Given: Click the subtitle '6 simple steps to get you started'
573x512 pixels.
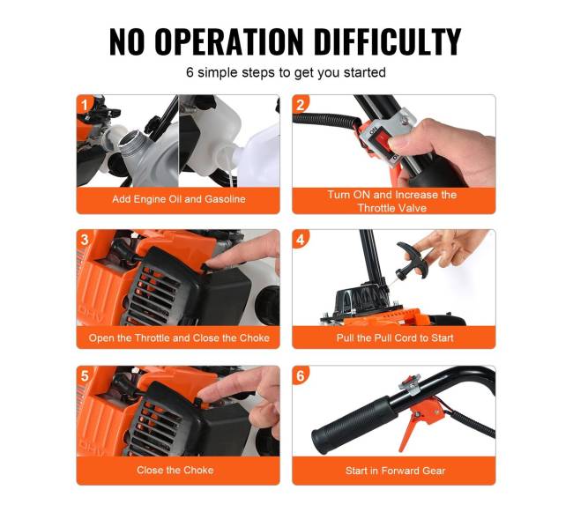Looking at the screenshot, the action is coord(286,72).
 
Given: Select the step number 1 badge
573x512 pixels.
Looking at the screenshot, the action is coord(84,105).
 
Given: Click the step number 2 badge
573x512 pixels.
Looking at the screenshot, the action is coord(300,105).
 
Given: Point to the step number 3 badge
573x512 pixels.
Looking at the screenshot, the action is coord(85,240).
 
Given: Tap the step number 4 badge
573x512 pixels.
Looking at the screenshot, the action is coord(301,240).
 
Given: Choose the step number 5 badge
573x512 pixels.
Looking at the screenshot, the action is coord(85,375).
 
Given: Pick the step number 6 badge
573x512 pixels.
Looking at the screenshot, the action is coord(301,375).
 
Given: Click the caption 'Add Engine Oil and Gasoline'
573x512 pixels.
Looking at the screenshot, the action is coord(179,199).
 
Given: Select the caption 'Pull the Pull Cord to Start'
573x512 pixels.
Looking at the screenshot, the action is coord(395,338).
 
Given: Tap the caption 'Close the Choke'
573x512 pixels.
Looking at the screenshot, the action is coord(175,470).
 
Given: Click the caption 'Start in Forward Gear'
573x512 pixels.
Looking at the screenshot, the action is coord(396,471).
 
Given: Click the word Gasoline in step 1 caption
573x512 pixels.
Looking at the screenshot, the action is coord(225,199).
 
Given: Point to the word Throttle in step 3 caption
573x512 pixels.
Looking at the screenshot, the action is coord(152,338).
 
